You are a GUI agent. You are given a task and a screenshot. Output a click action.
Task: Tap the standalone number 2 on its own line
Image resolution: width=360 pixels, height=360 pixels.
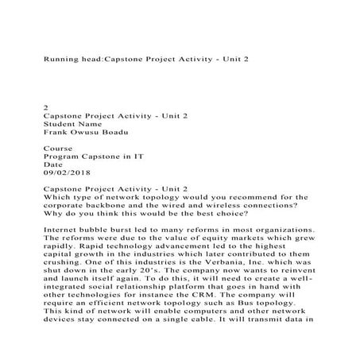point(44,105)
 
